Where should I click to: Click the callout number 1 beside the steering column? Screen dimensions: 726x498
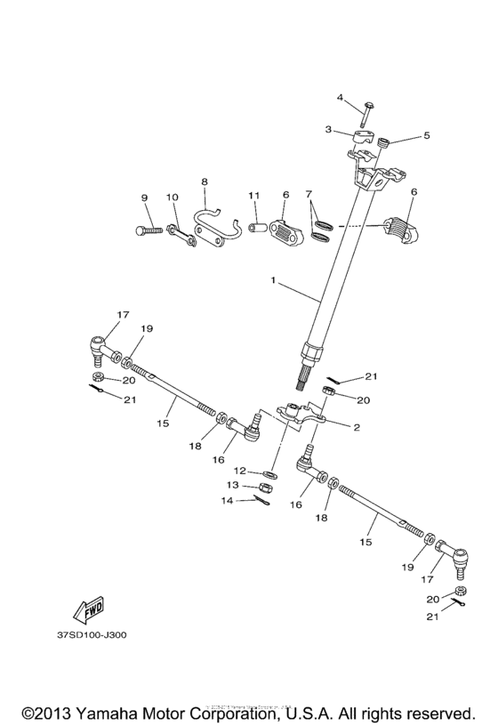(275, 282)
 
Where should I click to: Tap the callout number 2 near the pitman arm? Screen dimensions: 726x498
(356, 428)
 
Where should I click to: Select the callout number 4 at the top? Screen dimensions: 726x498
(340, 97)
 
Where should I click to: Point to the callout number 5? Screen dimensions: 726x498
(426, 136)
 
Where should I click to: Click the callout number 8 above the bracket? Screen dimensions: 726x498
(204, 181)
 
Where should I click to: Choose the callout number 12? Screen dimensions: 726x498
(240, 470)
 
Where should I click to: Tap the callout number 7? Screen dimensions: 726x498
(309, 194)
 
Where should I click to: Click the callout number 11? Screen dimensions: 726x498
(253, 196)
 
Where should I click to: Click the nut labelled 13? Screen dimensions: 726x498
(266, 488)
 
